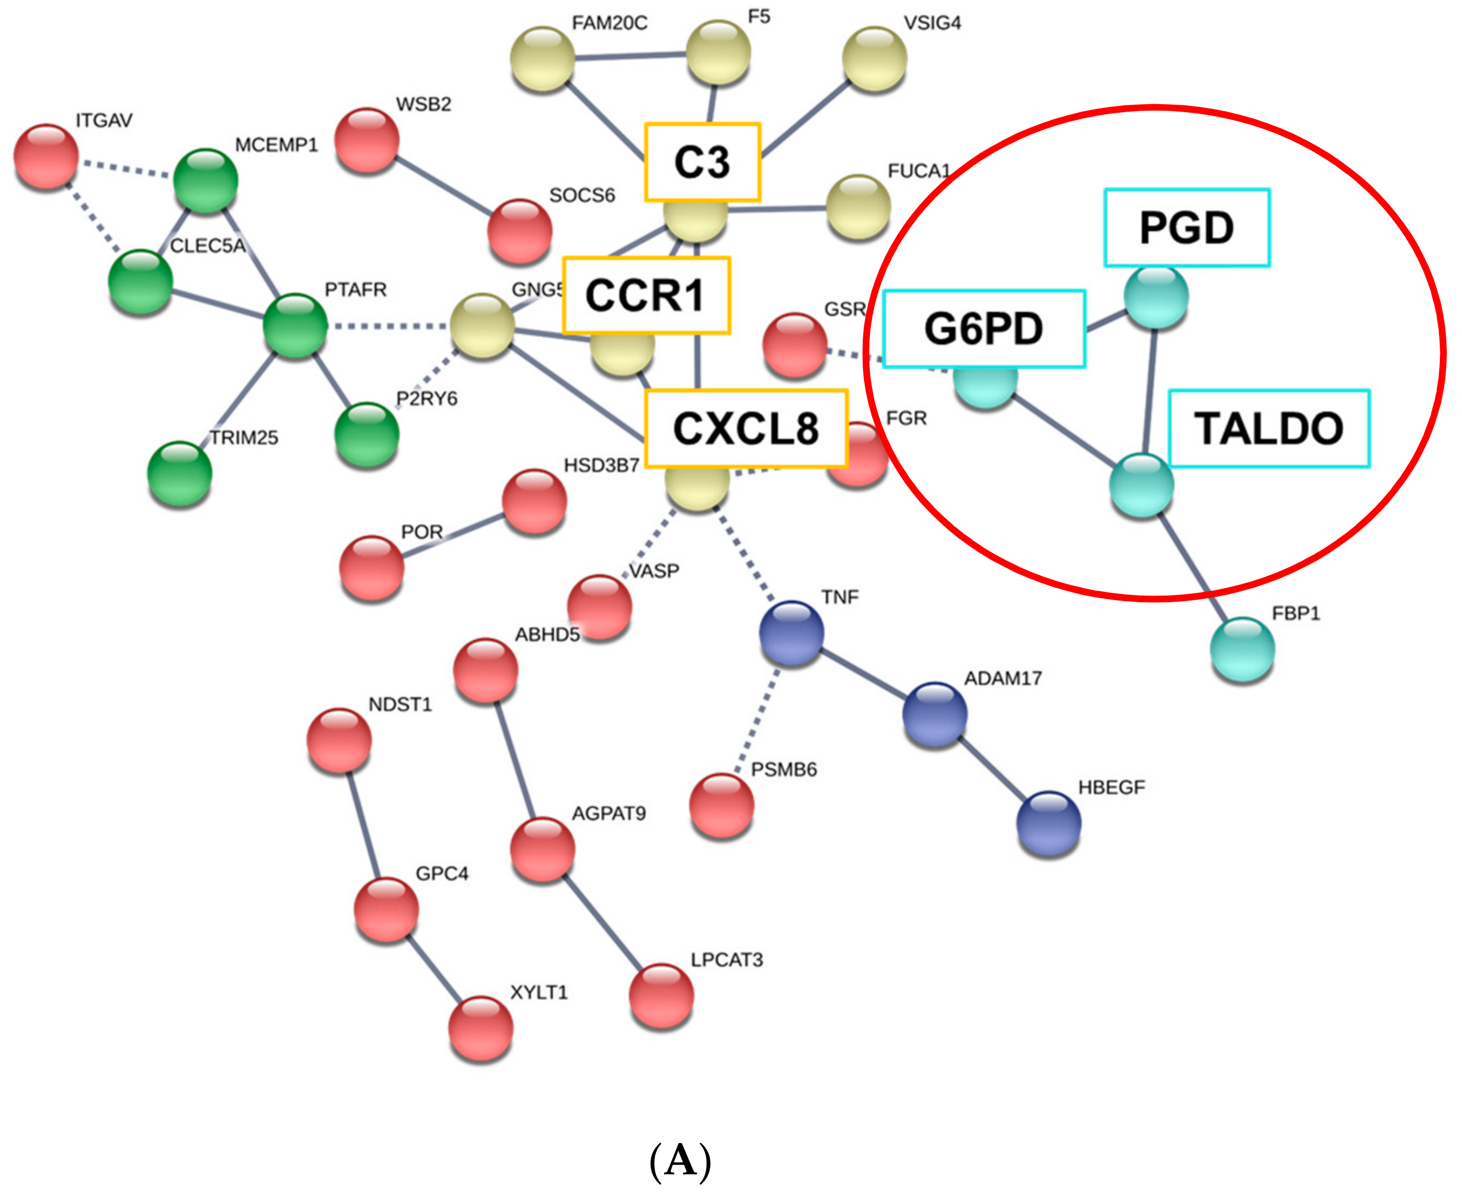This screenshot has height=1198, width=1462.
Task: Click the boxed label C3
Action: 702,163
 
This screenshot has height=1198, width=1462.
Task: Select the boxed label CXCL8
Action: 746,428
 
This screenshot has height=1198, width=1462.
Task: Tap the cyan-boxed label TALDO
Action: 1269,428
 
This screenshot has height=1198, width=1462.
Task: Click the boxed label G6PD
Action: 984,329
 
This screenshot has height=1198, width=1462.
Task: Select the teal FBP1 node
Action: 1242,649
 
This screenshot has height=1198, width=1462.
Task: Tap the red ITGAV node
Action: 46,156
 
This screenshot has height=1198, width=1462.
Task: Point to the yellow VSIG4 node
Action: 875,59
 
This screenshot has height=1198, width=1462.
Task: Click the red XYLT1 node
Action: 480,1027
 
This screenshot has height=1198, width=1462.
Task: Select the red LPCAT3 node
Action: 661,995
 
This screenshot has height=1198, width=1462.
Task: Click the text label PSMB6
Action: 783,770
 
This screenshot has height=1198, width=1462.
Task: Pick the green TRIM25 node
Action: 179,473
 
